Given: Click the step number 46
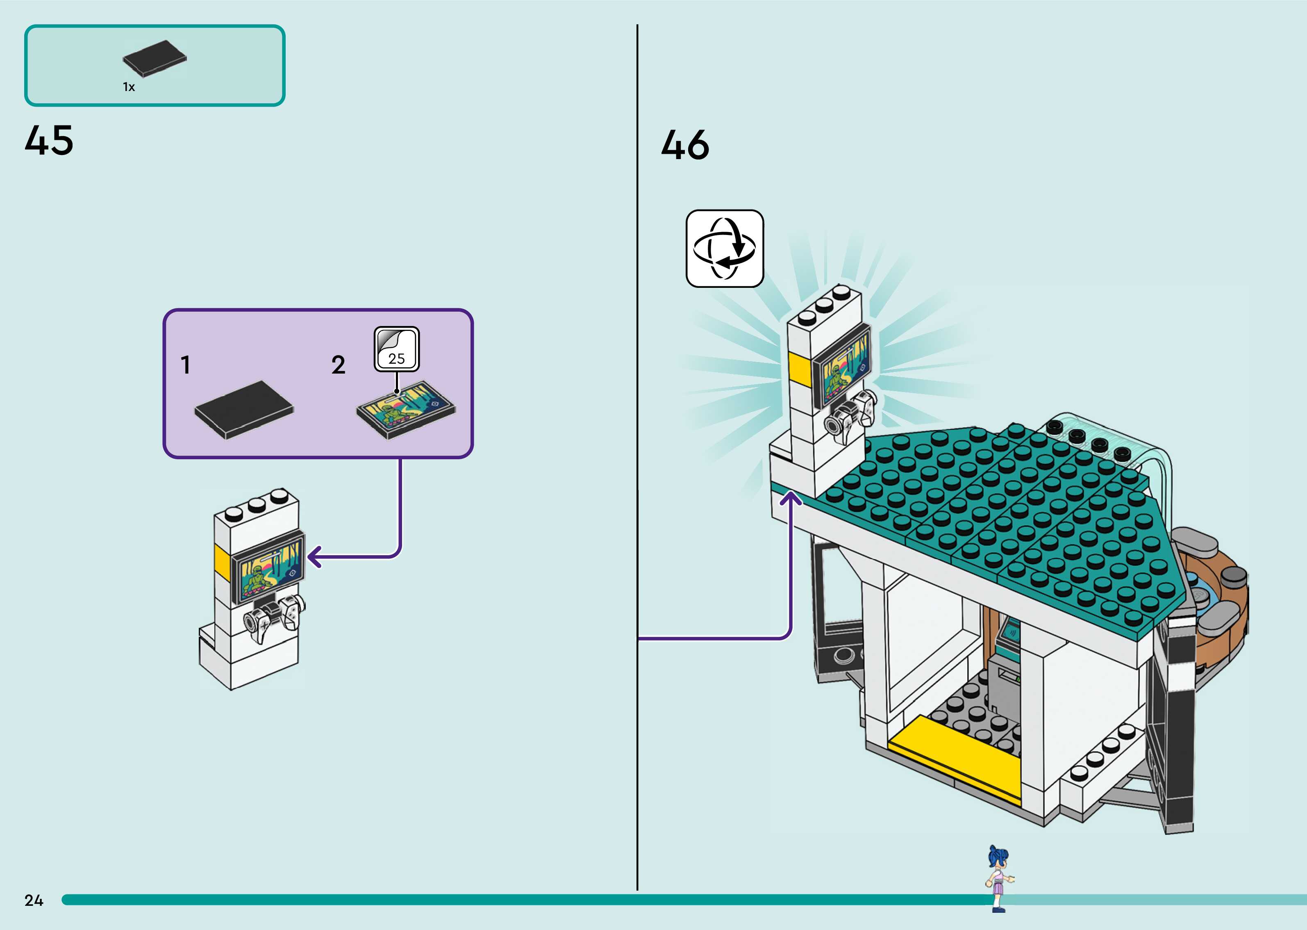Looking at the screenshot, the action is pyautogui.click(x=685, y=144).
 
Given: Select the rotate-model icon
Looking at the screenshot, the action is pyautogui.click(x=725, y=248).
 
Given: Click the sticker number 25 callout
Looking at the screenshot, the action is pyautogui.click(x=397, y=349).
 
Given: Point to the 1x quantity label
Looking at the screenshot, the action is pyautogui.click(x=129, y=87).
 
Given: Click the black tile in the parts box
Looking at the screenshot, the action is pyautogui.click(x=155, y=58).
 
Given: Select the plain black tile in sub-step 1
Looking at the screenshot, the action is pyautogui.click(x=244, y=410).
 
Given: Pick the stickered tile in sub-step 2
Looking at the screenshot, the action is pyautogui.click(x=406, y=410).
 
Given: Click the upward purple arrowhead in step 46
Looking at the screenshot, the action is pyautogui.click(x=791, y=499).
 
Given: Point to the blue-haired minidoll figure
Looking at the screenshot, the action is pyautogui.click(x=998, y=878).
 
